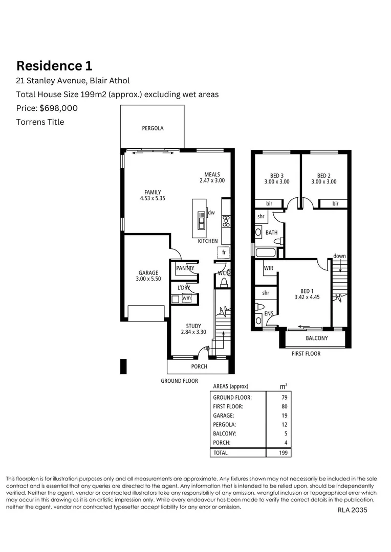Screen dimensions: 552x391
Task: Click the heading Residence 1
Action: pos(54,66)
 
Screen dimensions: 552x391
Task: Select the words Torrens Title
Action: pos(40,122)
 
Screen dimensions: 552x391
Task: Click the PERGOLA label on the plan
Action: pos(153,128)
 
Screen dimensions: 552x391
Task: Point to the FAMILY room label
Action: pos(152,193)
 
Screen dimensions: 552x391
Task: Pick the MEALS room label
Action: pos(212,174)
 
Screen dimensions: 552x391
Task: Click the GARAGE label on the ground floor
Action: pos(148,273)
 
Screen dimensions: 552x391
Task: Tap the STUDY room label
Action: pos(193,326)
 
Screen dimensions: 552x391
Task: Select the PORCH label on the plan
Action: pos(199,366)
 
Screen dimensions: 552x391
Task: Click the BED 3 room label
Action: pos(277,175)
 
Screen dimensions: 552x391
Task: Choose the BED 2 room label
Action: pos(323,175)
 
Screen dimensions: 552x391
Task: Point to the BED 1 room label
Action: pos(307,290)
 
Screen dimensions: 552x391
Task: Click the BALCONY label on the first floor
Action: pos(317,338)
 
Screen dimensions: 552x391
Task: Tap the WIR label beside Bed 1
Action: pos(269,268)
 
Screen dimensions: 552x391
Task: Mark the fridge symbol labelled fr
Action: pos(224,252)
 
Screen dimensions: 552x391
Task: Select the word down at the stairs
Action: pos(339,256)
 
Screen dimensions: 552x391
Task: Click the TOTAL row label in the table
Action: pos(221,453)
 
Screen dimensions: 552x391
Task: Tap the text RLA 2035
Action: pos(352,510)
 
